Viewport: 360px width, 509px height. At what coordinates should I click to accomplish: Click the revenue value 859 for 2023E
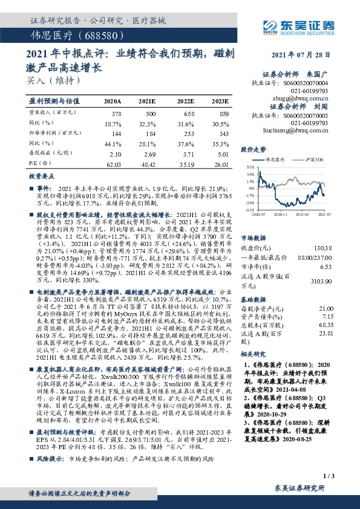click(x=224, y=114)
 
